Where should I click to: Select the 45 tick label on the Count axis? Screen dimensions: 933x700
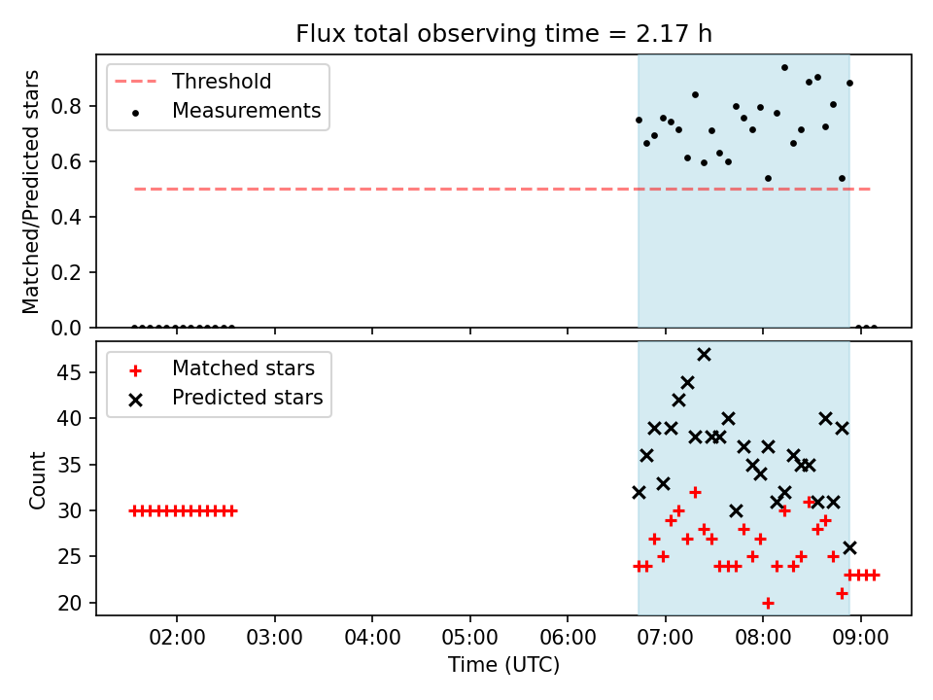tap(69, 372)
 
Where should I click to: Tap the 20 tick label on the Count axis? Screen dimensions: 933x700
tap(69, 603)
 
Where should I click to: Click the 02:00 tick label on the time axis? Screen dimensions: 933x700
tap(177, 637)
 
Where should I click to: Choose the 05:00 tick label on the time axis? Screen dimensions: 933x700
tap(470, 637)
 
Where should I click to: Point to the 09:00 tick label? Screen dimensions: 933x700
tap(860, 637)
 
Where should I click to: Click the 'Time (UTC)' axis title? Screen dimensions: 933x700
tap(504, 664)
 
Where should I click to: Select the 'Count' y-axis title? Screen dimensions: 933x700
tap(37, 480)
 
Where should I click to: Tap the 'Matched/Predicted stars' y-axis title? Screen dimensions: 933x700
tap(30, 192)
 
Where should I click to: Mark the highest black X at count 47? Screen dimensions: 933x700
tap(704, 355)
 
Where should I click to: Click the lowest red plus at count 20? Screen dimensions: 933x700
tap(768, 603)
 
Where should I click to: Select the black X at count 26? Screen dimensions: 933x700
tap(849, 547)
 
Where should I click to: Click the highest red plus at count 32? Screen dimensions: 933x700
tap(695, 492)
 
